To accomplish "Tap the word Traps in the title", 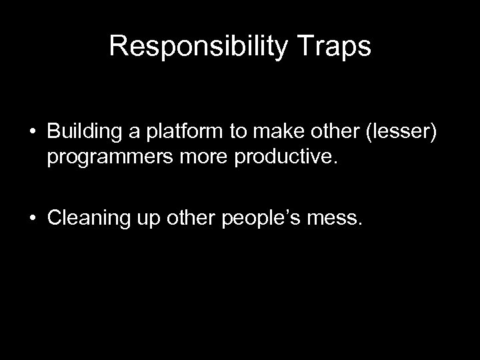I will [x=338, y=46].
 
